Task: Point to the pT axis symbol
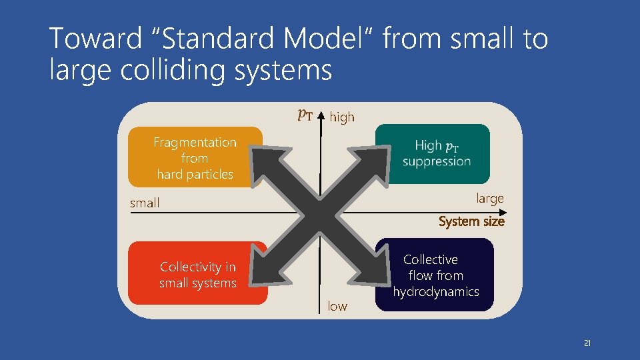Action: coord(305,115)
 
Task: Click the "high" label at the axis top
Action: coord(342,117)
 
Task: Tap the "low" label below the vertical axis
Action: coord(337,306)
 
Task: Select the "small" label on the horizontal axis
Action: coord(145,203)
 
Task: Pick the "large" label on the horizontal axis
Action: coord(490,198)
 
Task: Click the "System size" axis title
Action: coord(471,221)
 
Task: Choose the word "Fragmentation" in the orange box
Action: coord(195,142)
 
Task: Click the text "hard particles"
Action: coord(195,174)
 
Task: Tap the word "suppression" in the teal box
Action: coord(437,161)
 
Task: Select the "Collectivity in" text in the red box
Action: coord(198,267)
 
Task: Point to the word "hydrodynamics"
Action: coord(436,291)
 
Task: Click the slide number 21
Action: coord(587,343)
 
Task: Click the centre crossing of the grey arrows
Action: coord(320,213)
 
